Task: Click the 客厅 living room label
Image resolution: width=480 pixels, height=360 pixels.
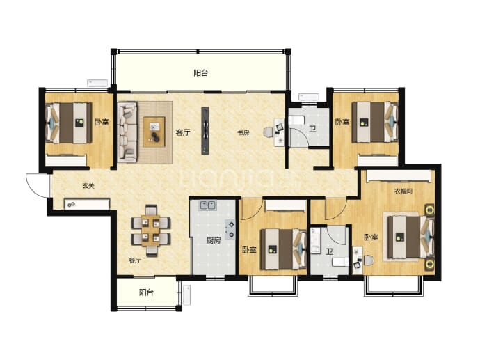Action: pyautogui.click(x=183, y=132)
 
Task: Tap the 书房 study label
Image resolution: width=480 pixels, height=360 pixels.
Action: pyautogui.click(x=243, y=133)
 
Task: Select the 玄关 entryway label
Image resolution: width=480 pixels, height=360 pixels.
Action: pyautogui.click(x=88, y=186)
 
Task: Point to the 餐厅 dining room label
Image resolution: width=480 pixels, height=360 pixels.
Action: pyautogui.click(x=135, y=260)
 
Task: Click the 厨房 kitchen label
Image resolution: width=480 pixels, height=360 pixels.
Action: pyautogui.click(x=213, y=240)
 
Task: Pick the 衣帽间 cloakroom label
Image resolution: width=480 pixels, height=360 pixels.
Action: pyautogui.click(x=403, y=191)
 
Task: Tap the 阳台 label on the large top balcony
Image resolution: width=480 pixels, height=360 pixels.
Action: pyautogui.click(x=201, y=73)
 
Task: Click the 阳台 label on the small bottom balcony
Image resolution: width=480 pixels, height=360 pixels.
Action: pyautogui.click(x=146, y=292)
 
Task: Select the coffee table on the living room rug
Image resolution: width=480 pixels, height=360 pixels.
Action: pyautogui.click(x=154, y=132)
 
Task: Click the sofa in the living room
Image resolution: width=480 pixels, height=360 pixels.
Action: pyautogui.click(x=127, y=132)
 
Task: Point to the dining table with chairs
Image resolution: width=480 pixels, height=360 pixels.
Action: pyautogui.click(x=151, y=230)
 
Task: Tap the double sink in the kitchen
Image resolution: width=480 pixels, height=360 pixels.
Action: pyautogui.click(x=208, y=205)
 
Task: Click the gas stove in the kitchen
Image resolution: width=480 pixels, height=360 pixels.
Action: pyautogui.click(x=230, y=229)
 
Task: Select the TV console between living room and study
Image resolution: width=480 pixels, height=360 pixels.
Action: pyautogui.click(x=205, y=130)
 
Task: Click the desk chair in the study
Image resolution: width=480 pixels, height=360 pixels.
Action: pyautogui.click(x=269, y=132)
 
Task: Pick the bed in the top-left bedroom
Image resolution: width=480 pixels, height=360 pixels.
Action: pyautogui.click(x=69, y=123)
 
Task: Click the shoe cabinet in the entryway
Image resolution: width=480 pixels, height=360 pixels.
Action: pyautogui.click(x=87, y=204)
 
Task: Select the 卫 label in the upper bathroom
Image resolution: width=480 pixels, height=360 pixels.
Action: pyautogui.click(x=312, y=129)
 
